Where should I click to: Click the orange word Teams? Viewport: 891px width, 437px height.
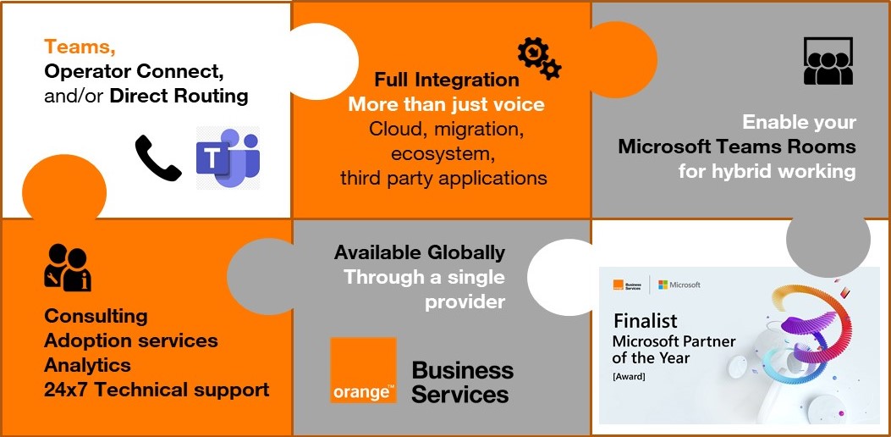(80, 47)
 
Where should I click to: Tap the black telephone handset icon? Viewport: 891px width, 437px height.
(158, 158)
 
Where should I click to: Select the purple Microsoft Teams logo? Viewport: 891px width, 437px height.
(228, 157)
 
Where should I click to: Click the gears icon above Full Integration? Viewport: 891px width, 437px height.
(539, 58)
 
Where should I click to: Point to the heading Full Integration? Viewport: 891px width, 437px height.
(447, 80)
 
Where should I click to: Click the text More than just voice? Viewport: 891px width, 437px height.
(446, 105)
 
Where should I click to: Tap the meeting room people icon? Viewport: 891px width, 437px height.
(828, 61)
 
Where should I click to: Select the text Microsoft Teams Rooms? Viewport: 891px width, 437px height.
(737, 147)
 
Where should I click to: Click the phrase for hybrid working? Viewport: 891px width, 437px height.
(767, 171)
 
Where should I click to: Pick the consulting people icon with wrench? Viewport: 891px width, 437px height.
(68, 268)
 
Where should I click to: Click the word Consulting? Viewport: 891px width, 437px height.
(96, 316)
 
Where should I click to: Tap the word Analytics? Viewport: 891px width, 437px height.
(87, 365)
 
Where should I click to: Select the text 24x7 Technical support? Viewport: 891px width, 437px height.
(157, 390)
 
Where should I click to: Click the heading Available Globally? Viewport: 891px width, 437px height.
(420, 252)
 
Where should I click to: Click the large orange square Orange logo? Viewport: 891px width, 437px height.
(363, 370)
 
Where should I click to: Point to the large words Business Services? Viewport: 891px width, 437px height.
(463, 382)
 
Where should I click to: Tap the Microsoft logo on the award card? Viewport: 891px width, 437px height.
(679, 285)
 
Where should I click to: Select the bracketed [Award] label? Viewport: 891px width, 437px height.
(629, 376)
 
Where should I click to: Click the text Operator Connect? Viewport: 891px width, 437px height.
(134, 71)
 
